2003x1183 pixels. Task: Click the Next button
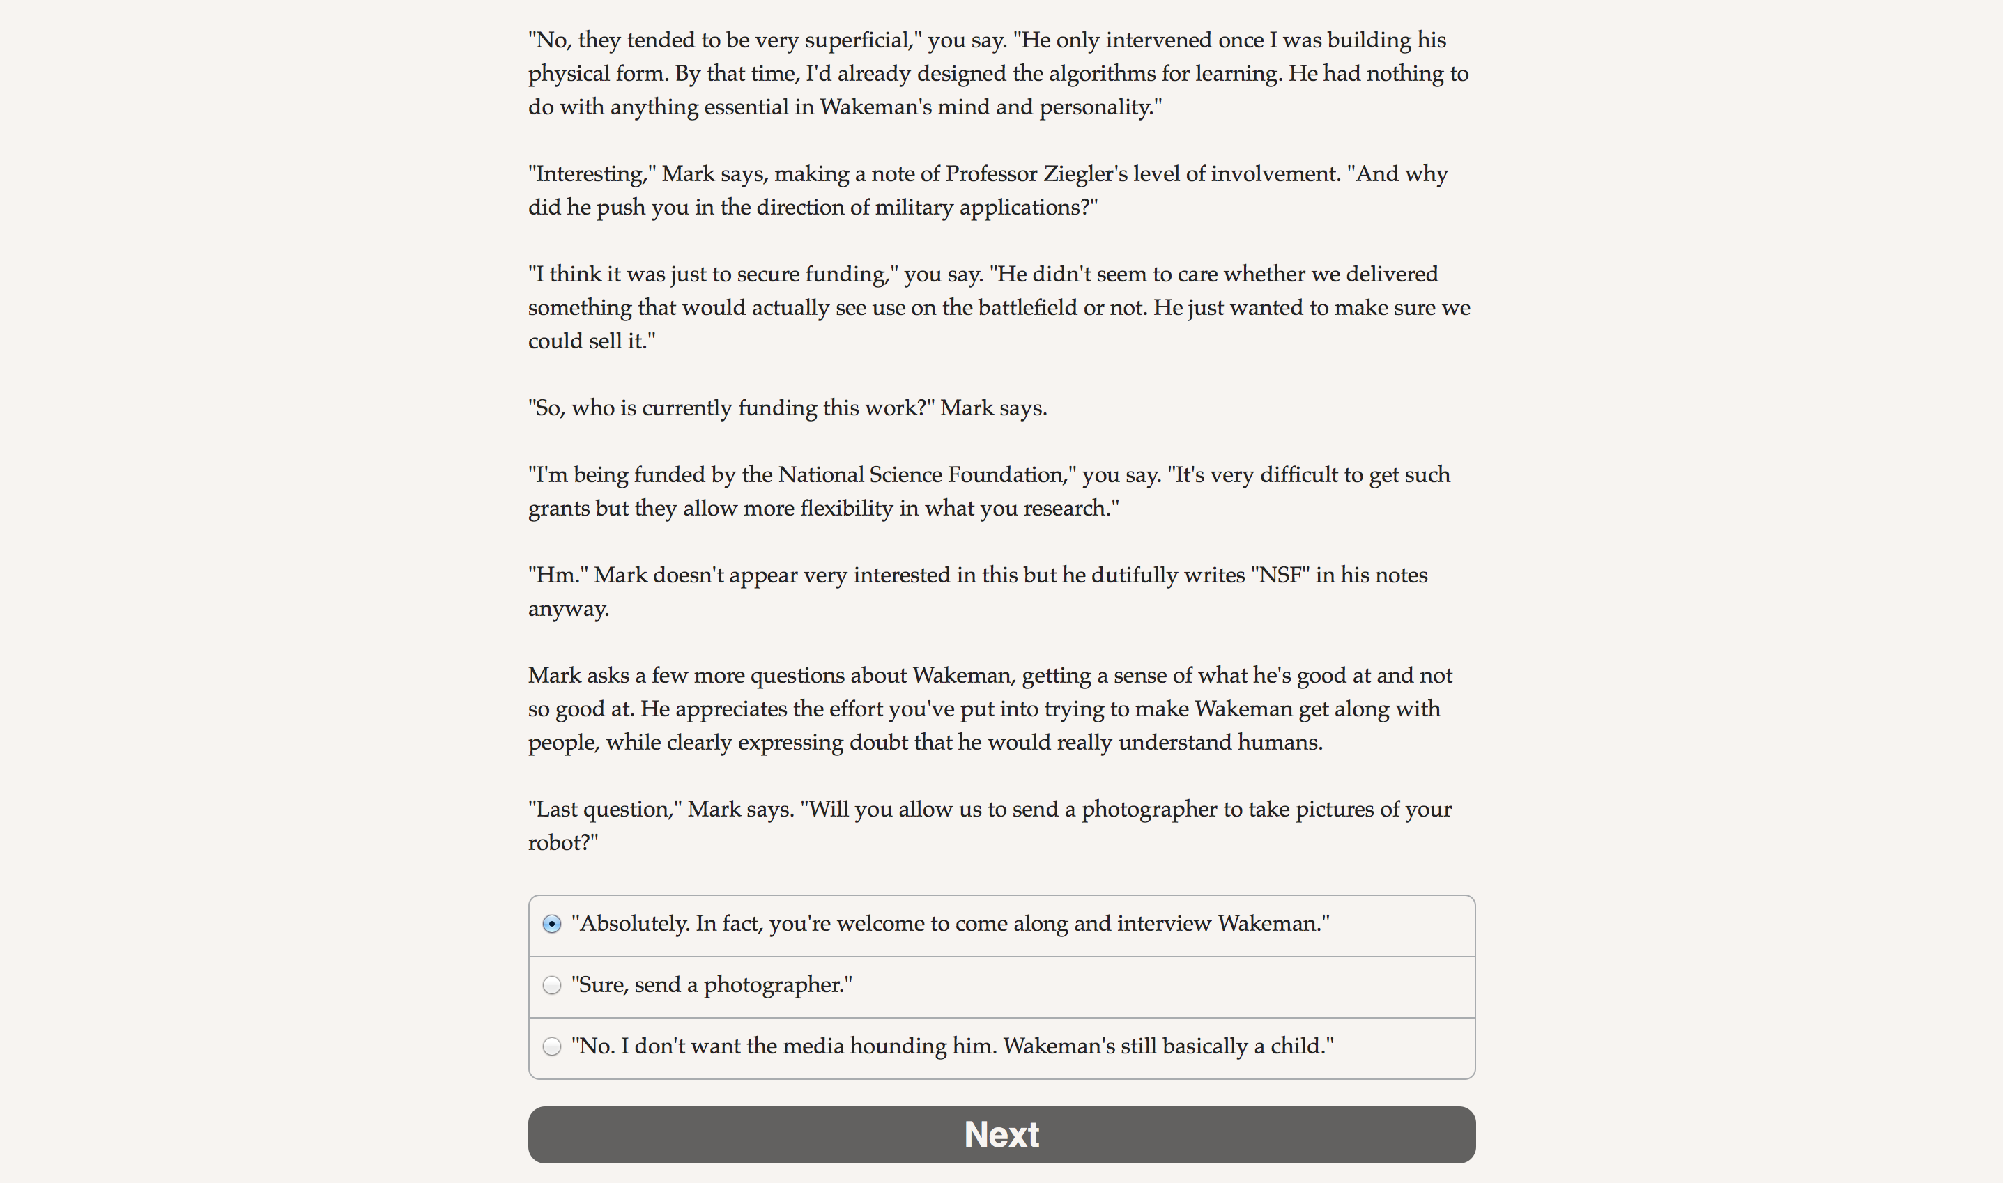(1002, 1134)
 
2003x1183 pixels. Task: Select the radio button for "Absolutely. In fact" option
(552, 924)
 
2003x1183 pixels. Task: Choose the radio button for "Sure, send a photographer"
(552, 985)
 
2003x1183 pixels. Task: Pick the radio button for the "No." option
(552, 1046)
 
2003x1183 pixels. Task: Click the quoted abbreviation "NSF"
(1280, 575)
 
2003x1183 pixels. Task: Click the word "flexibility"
(846, 509)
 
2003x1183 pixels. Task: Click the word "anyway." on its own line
(569, 609)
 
